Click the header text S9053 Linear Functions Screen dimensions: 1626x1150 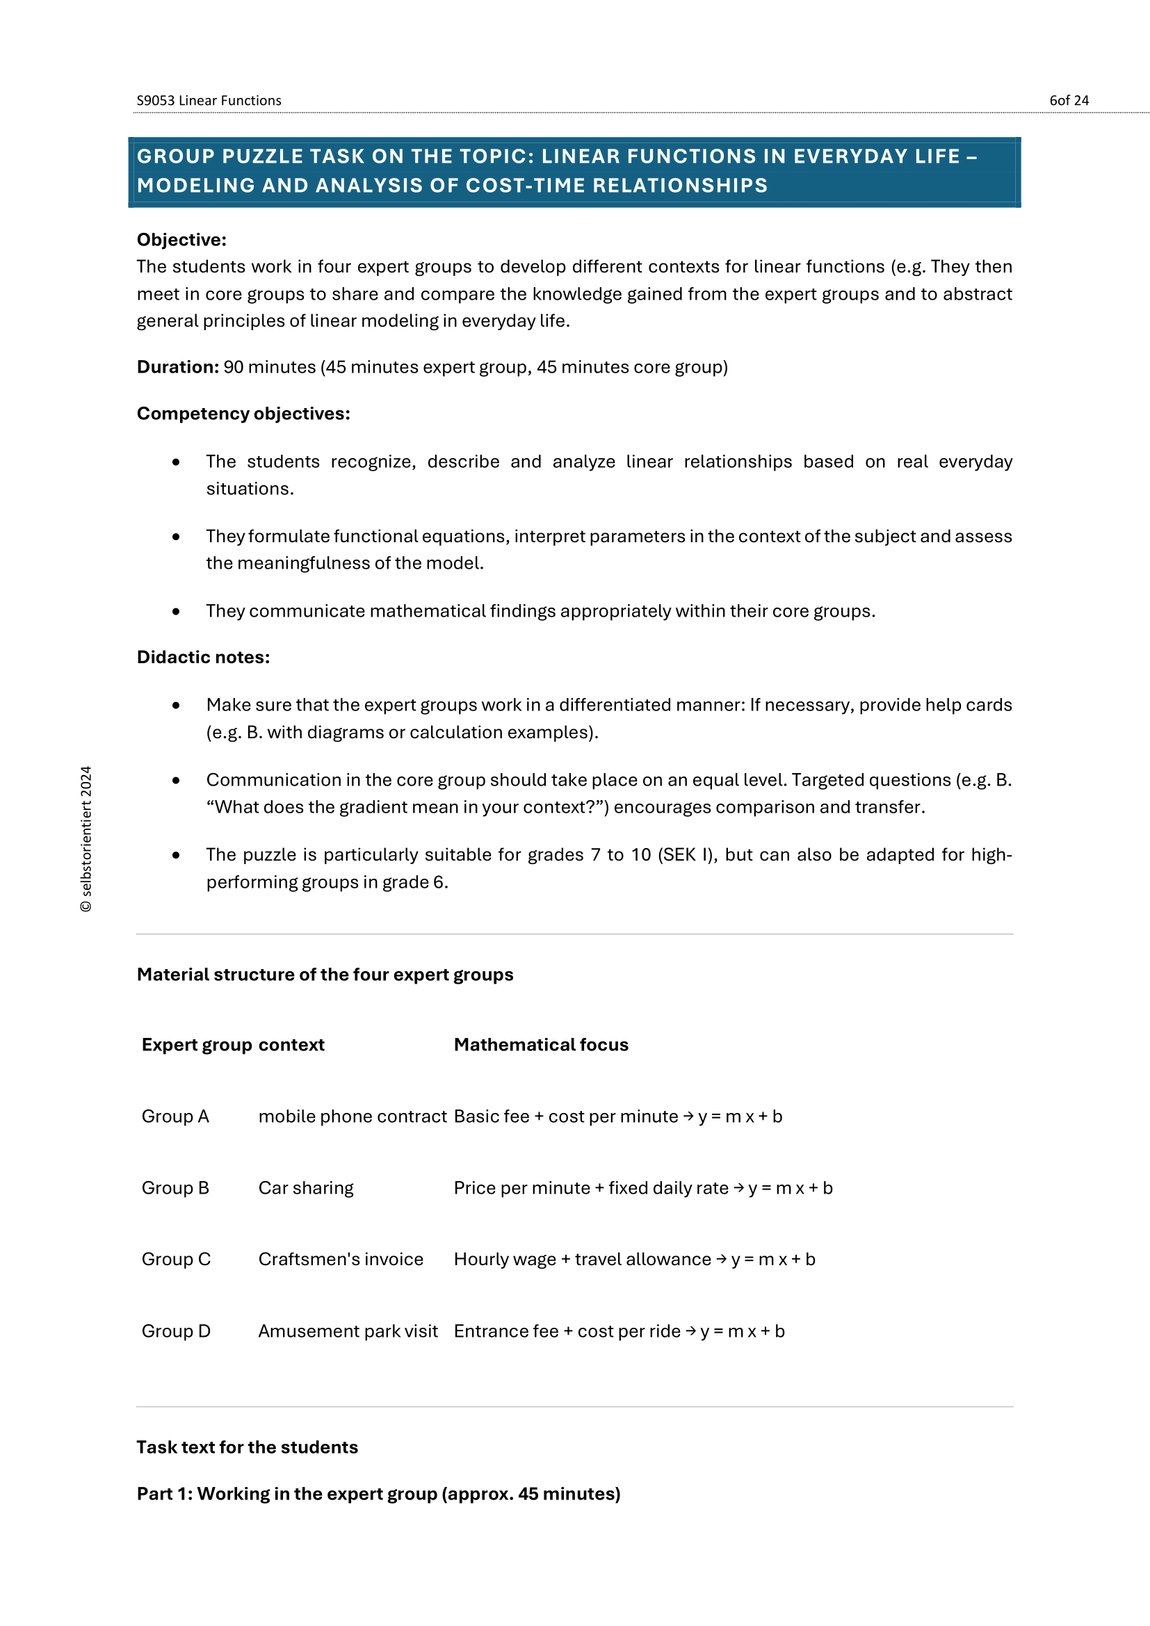click(209, 101)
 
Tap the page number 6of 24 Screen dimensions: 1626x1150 click(1069, 101)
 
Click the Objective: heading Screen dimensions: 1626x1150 click(181, 239)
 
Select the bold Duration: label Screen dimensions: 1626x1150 click(178, 367)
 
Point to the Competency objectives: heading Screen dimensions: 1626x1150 click(243, 414)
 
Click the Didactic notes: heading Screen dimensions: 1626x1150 click(203, 657)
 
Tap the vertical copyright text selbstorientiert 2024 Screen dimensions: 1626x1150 click(86, 838)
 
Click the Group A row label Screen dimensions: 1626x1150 click(175, 1116)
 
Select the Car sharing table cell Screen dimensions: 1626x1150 click(306, 1187)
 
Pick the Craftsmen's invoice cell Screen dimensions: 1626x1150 click(341, 1259)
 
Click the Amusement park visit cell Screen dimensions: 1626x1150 click(348, 1331)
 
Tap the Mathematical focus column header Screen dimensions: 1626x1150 click(541, 1045)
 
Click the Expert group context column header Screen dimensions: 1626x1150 click(233, 1045)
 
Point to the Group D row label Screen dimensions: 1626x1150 click(176, 1331)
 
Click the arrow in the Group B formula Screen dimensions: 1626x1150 click(738, 1187)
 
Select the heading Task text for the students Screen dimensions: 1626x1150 click(247, 1447)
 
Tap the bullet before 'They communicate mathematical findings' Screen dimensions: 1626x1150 click(176, 611)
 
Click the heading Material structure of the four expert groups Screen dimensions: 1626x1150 click(325, 975)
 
